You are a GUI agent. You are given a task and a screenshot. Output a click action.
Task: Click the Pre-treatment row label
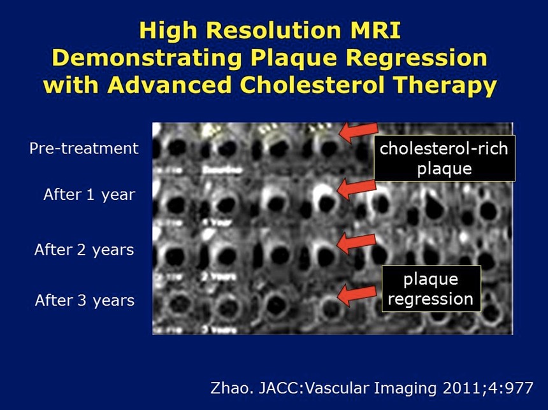tap(83, 148)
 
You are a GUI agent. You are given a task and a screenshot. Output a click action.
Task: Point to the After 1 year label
tap(89, 195)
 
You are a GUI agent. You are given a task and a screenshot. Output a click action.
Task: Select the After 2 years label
tap(84, 250)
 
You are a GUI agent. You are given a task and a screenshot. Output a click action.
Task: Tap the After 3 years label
tap(84, 300)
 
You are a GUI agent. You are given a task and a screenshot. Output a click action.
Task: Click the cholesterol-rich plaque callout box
tap(443, 158)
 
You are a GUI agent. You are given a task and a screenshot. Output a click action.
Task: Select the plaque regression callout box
tap(430, 289)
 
